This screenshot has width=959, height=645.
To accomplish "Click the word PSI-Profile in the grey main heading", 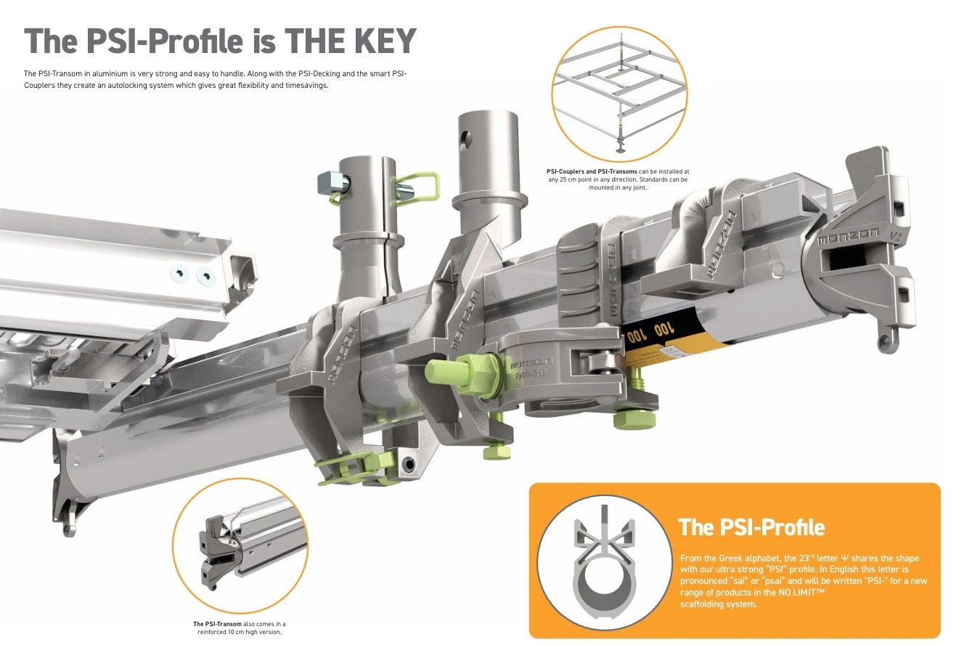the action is pos(165,41).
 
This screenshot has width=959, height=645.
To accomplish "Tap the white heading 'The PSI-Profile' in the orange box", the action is pos(751,527).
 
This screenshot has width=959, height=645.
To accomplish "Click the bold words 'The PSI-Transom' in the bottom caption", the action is pos(217,624).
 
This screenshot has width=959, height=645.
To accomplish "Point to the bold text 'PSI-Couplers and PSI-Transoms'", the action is pos(592,171).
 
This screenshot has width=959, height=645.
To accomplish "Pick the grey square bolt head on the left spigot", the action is pos(333,182).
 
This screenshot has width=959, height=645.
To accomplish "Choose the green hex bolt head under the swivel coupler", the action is pos(634,420).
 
